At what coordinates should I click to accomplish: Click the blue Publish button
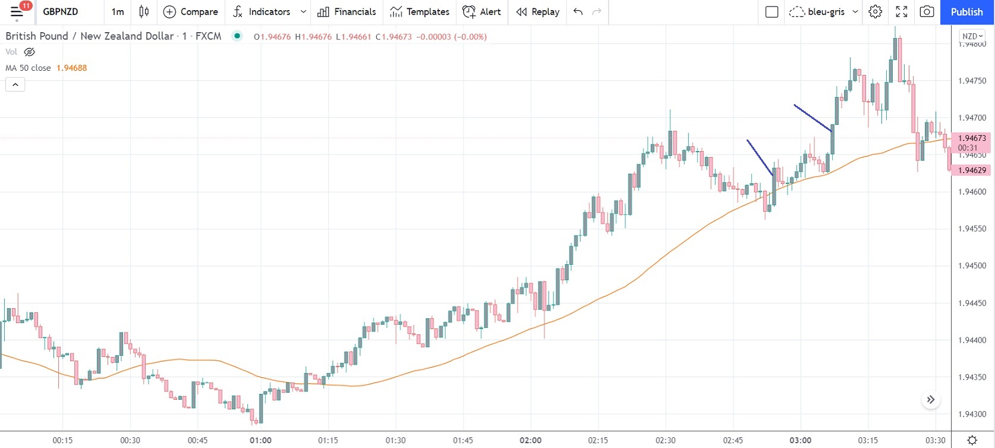coord(966,12)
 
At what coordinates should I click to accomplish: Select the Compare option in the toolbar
coord(190,12)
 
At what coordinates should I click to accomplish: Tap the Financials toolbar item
coord(347,12)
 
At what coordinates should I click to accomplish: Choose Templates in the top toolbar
coord(420,12)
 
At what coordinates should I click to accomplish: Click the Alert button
coord(481,12)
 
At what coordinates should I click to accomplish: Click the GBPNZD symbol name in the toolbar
coord(60,12)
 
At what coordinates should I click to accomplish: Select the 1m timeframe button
coord(118,12)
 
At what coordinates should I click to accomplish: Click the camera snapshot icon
coord(926,12)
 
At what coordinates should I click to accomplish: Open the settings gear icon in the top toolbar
coord(875,12)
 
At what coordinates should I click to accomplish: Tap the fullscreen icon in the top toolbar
coord(901,12)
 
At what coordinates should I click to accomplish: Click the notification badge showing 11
coord(26,6)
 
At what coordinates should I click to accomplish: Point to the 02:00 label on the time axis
coord(530,440)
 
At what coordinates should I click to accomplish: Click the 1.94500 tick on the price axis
coord(972,266)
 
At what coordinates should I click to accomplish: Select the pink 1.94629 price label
coord(972,170)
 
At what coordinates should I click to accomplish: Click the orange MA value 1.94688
coord(71,68)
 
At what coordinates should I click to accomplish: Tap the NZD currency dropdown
coord(972,36)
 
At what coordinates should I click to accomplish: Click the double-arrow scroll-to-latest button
coord(931,400)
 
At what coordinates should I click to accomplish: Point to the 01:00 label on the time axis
coord(260,440)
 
